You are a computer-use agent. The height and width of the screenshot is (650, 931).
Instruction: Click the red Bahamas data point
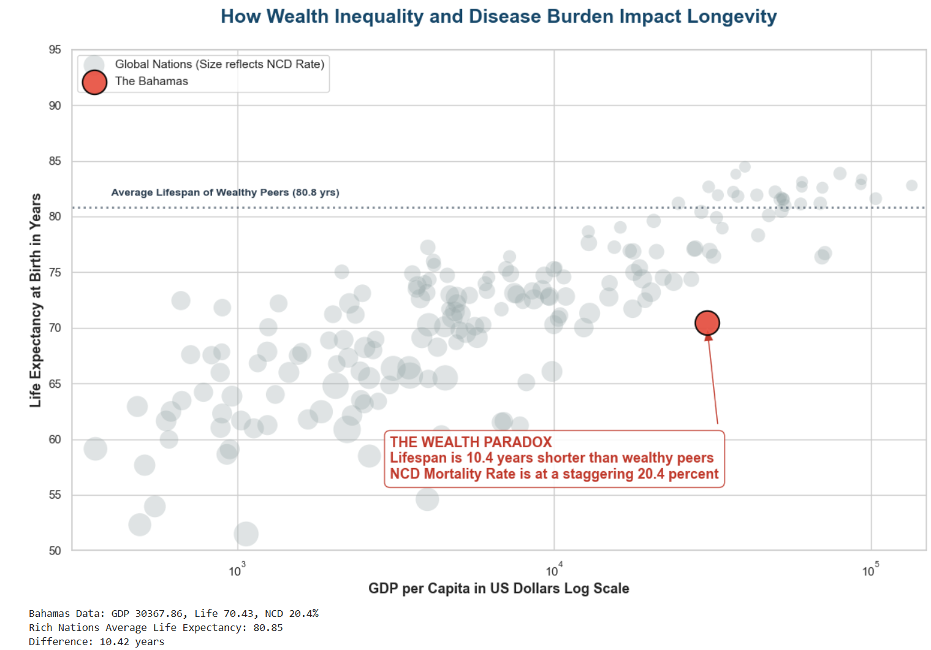(x=707, y=323)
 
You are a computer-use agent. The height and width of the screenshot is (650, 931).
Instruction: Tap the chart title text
(x=498, y=17)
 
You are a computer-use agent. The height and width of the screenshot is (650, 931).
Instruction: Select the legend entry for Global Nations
(x=219, y=64)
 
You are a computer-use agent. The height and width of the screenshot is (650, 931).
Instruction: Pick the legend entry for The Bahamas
(x=151, y=81)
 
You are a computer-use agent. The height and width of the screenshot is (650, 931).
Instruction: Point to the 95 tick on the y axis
(x=55, y=50)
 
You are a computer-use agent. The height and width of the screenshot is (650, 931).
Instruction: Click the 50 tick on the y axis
(x=55, y=551)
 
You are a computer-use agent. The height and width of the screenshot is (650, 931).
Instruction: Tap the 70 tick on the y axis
(x=55, y=328)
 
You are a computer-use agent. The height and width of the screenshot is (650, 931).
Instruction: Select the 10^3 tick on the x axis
(x=237, y=570)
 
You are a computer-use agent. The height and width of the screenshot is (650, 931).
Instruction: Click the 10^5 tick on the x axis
(x=870, y=570)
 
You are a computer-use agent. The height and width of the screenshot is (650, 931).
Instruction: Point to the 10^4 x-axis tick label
(x=553, y=570)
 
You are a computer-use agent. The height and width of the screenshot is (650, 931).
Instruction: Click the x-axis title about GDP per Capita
(x=498, y=588)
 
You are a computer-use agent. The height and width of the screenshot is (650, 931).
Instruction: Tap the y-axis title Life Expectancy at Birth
(x=36, y=300)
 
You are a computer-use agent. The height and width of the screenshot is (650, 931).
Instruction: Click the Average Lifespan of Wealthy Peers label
(x=225, y=192)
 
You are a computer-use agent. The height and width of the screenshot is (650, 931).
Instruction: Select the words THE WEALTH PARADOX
(x=471, y=442)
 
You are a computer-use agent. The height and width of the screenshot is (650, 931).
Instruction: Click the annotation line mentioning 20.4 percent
(x=553, y=474)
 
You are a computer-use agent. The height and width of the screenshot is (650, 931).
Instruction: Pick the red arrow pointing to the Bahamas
(x=713, y=380)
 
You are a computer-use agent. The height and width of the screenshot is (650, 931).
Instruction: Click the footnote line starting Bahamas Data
(x=173, y=613)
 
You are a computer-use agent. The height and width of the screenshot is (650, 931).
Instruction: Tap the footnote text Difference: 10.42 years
(x=96, y=641)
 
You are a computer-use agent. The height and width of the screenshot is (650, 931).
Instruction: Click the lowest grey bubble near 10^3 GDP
(x=246, y=534)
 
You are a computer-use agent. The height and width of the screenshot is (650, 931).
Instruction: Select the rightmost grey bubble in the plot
(x=911, y=185)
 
